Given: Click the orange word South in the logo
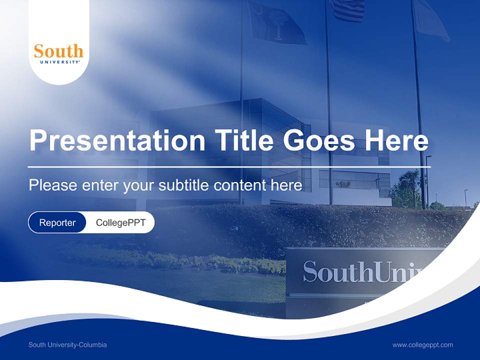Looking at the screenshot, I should (58, 51).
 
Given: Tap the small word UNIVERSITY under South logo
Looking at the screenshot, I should (58, 62).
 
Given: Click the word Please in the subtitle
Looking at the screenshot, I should (52, 185).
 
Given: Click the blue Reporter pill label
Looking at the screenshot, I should (57, 222).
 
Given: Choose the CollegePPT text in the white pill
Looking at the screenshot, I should (120, 222).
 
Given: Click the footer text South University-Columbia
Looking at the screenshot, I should (67, 345).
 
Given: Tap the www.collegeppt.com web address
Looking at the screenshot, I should (422, 345).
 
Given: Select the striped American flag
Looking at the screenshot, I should (347, 10).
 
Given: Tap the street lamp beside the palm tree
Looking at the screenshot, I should (427, 180).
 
